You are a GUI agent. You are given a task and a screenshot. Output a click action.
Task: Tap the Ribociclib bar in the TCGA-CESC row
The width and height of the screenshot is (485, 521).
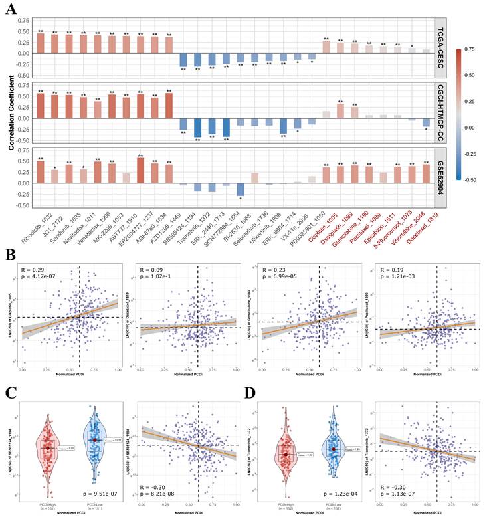[x=41, y=43]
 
